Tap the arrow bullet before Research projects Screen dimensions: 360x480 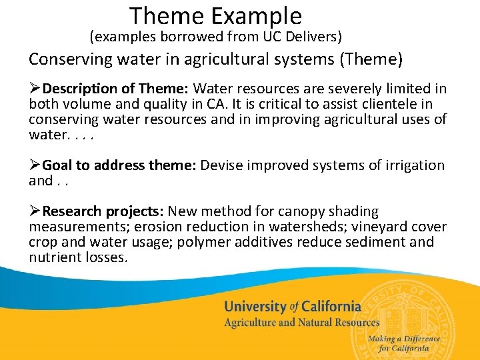[35, 212]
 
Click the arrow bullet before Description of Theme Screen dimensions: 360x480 [35, 89]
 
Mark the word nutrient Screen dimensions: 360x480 [53, 257]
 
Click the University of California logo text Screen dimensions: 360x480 [292, 307]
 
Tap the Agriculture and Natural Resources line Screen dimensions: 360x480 [301, 323]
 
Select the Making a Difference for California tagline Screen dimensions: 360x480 [403, 343]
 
